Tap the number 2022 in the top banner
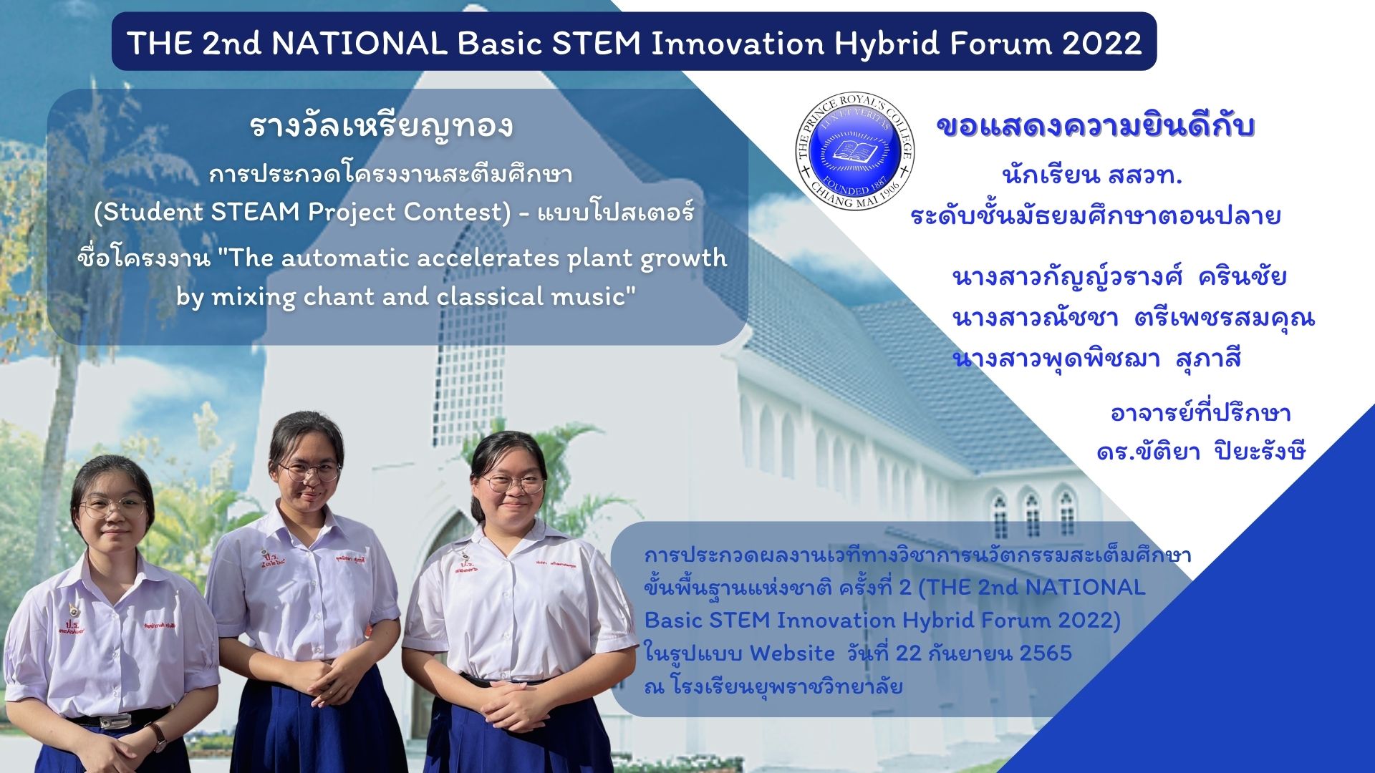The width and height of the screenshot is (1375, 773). coord(1102,44)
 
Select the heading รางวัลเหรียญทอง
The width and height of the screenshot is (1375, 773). coord(381,127)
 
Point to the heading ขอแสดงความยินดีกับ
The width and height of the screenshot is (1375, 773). coord(1096,127)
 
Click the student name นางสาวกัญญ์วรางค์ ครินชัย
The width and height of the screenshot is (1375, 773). coord(1119,277)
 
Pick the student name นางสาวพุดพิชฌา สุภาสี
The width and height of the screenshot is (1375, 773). coord(1096,358)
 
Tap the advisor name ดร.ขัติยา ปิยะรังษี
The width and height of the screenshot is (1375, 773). coord(1201,451)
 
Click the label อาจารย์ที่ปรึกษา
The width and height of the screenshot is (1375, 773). coord(1200,413)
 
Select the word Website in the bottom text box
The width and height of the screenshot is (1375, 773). coord(792,653)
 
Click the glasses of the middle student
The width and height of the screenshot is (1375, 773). coord(309,470)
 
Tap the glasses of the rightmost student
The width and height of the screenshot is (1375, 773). coord(513,483)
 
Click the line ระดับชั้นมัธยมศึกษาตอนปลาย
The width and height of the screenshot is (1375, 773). coord(1096,215)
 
